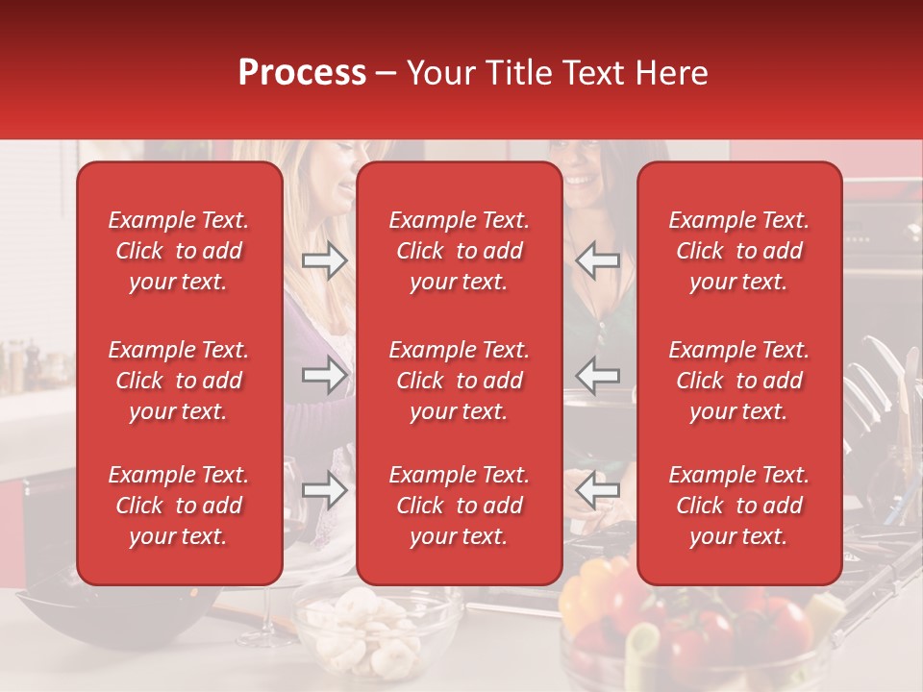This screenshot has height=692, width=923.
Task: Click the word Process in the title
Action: (302, 73)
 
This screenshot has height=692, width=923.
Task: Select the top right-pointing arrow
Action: (324, 260)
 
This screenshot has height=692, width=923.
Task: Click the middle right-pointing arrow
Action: (324, 376)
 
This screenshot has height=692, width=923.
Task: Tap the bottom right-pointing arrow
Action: (324, 491)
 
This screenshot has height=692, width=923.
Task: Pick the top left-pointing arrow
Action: (598, 260)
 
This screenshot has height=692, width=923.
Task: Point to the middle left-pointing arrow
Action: (598, 376)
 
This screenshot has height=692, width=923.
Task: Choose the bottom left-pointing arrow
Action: (598, 491)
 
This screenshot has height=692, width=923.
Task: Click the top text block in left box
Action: (179, 251)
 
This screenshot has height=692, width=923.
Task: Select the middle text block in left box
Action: (179, 381)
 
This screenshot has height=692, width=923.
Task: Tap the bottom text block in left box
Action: (179, 506)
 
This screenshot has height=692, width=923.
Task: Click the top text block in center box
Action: (459, 251)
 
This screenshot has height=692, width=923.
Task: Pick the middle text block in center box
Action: (459, 381)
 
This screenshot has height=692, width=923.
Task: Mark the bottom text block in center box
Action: (459, 506)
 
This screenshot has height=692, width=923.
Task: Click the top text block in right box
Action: (739, 251)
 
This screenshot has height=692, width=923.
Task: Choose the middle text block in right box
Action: (739, 381)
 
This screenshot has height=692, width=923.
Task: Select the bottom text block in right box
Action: (739, 506)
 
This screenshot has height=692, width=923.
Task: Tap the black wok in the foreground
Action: (87, 615)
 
